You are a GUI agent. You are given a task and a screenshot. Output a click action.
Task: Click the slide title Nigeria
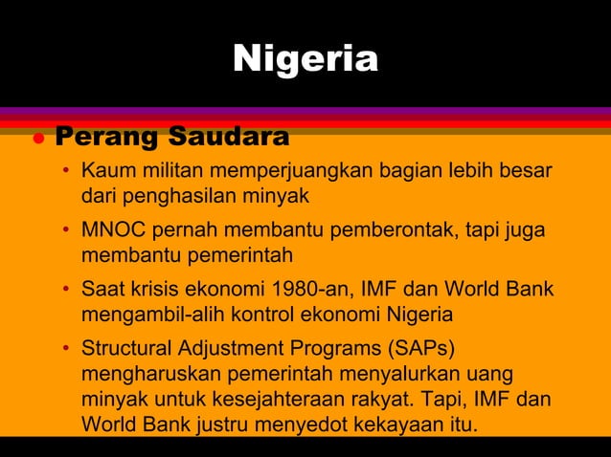(305, 58)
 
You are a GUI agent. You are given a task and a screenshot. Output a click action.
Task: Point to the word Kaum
(104, 172)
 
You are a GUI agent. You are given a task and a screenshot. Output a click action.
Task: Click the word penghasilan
(192, 197)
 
